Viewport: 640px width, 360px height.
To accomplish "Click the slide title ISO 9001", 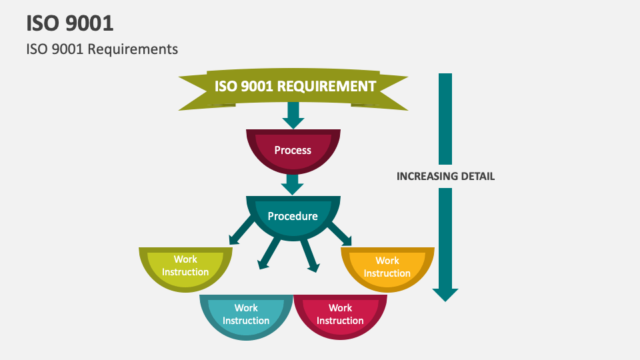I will (70, 23).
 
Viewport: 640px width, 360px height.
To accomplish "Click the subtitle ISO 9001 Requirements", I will (102, 49).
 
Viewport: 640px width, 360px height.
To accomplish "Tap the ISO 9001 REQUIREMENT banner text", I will (295, 86).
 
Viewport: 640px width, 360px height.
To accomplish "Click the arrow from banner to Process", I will (293, 115).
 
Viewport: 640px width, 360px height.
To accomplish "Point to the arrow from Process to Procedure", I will (293, 183).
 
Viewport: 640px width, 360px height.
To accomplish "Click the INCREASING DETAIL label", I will (445, 177).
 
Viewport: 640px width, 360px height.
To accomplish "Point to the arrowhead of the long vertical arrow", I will (445, 294).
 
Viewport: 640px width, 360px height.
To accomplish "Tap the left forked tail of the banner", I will (193, 94).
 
